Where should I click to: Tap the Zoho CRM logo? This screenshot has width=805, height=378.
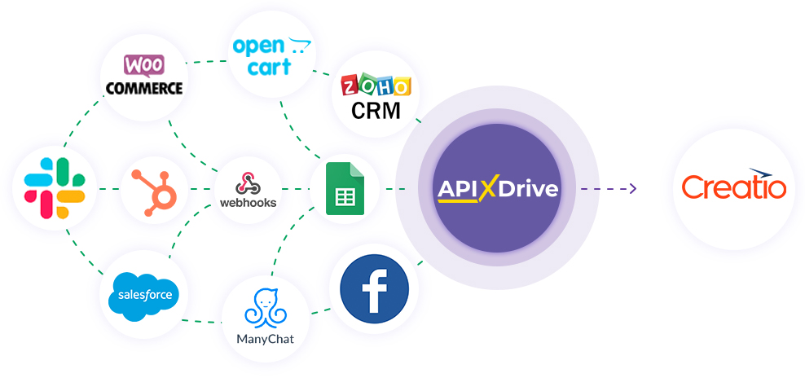tap(376, 97)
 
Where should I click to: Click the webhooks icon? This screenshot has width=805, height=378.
tap(249, 182)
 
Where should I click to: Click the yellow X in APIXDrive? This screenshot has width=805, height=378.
tap(489, 189)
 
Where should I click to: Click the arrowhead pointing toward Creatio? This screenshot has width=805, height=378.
tap(631, 189)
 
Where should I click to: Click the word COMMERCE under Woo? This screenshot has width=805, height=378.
tap(144, 87)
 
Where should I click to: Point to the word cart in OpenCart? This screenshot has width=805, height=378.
tap(270, 68)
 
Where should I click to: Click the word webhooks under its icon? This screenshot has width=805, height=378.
tap(249, 202)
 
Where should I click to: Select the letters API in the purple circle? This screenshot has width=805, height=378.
tap(458, 189)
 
